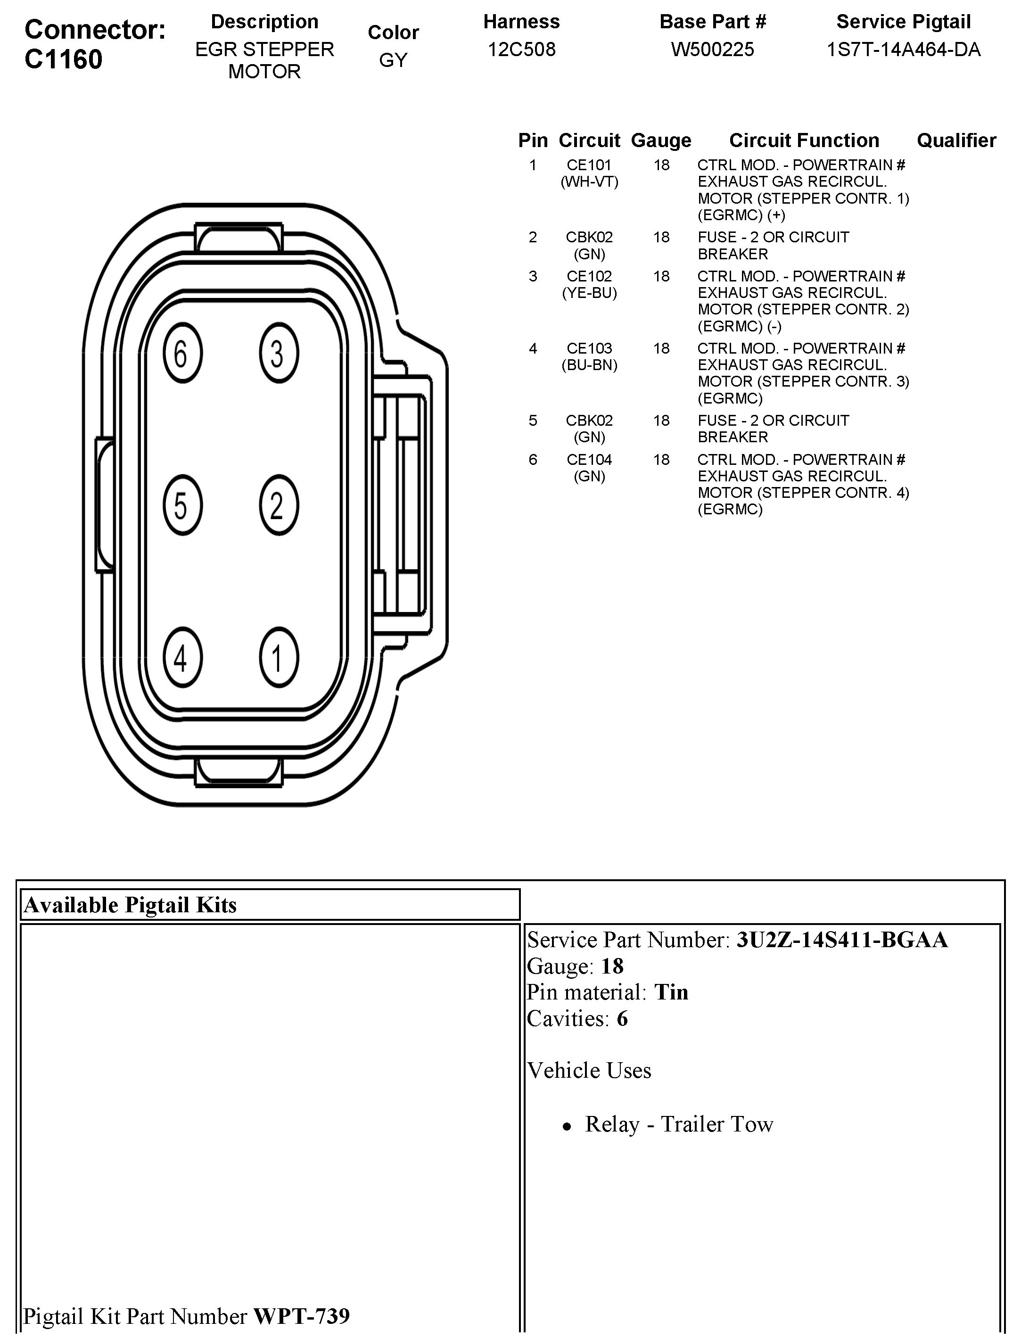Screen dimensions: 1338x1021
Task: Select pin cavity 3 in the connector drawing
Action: pos(278,354)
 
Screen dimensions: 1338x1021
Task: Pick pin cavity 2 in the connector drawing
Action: pos(278,505)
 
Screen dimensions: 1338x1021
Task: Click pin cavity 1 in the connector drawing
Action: pos(278,658)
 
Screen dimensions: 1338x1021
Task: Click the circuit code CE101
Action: pos(589,165)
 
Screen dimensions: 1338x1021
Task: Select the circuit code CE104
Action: pos(589,460)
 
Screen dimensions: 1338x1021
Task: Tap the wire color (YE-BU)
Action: pos(589,293)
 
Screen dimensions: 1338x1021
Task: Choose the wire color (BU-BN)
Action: pos(589,365)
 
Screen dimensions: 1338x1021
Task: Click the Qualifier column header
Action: pos(956,140)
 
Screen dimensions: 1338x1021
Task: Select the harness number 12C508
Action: pos(521,49)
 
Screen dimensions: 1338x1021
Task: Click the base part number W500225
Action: pos(712,49)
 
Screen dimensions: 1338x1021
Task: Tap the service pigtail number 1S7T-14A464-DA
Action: pos(903,49)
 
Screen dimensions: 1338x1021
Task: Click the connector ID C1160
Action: pos(63,59)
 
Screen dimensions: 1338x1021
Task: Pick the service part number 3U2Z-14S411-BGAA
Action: pos(842,940)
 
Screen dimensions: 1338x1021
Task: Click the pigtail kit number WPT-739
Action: pos(301,1316)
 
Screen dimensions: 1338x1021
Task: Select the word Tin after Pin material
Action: pos(671,992)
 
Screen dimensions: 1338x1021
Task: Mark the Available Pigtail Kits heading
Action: pos(130,905)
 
